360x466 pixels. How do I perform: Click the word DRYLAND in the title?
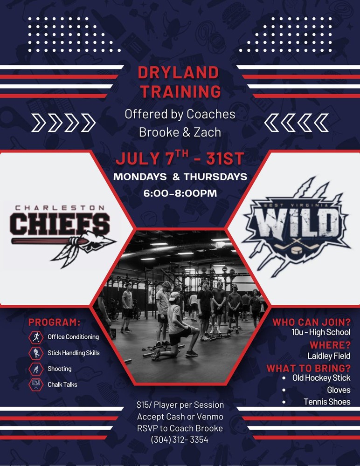(x=179, y=73)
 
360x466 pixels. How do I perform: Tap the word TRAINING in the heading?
(x=180, y=91)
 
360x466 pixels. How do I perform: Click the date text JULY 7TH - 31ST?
(x=180, y=158)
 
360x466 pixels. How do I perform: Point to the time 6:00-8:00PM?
(x=180, y=193)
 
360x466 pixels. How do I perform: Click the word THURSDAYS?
(x=215, y=177)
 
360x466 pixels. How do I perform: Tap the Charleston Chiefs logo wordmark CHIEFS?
(x=60, y=224)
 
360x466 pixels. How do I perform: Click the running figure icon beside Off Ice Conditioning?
(x=36, y=337)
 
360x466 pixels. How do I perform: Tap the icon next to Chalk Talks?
(x=36, y=384)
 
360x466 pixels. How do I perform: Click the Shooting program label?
(x=60, y=369)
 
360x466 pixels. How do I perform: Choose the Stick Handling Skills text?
(x=74, y=353)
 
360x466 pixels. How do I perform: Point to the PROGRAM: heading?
(x=55, y=322)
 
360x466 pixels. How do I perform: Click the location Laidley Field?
(x=329, y=356)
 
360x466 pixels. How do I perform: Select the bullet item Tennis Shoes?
(x=327, y=402)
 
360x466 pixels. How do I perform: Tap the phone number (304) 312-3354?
(x=180, y=439)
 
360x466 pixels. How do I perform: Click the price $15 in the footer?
(x=142, y=405)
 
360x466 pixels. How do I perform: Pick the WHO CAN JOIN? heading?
(x=312, y=322)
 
